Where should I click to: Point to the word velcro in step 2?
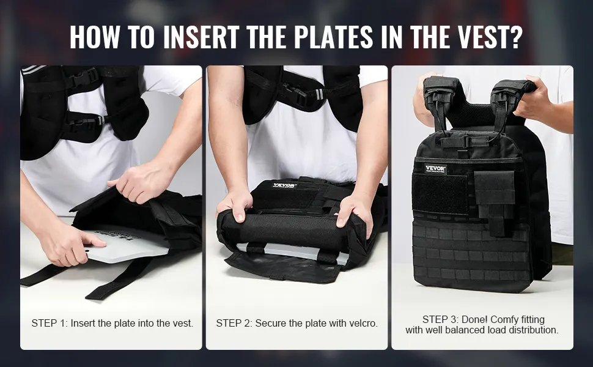(x=363, y=323)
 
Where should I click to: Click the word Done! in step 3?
(x=475, y=320)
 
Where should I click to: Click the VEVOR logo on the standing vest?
(x=435, y=168)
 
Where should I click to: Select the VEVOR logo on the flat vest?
(x=284, y=185)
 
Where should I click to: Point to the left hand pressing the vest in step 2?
(x=235, y=204)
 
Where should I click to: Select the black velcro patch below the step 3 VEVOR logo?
(x=440, y=195)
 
